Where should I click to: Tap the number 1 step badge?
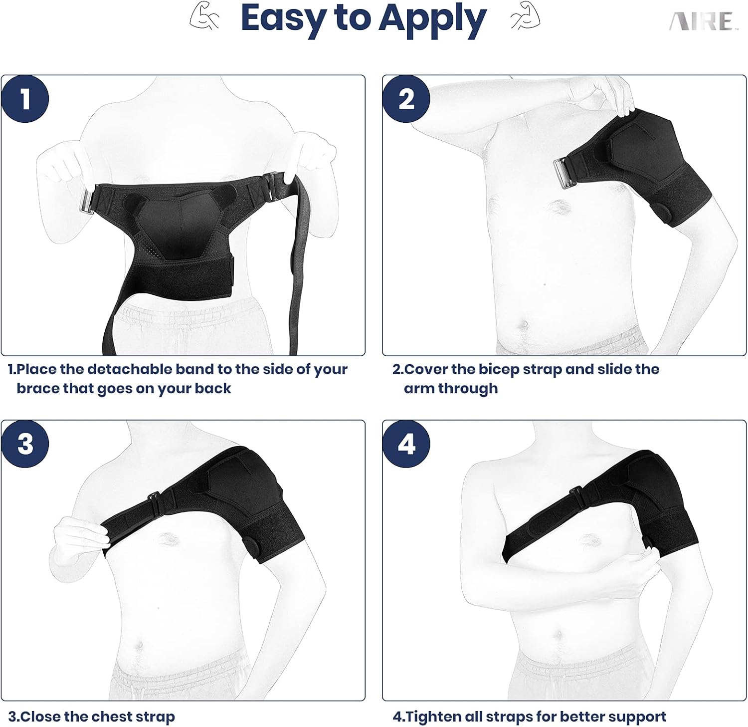tap(25, 99)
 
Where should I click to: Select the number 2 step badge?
tap(406, 99)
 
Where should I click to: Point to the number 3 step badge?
tap(25, 444)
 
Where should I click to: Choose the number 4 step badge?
tap(406, 444)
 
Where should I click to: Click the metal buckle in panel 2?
tap(565, 173)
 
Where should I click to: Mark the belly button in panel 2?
tap(525, 325)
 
